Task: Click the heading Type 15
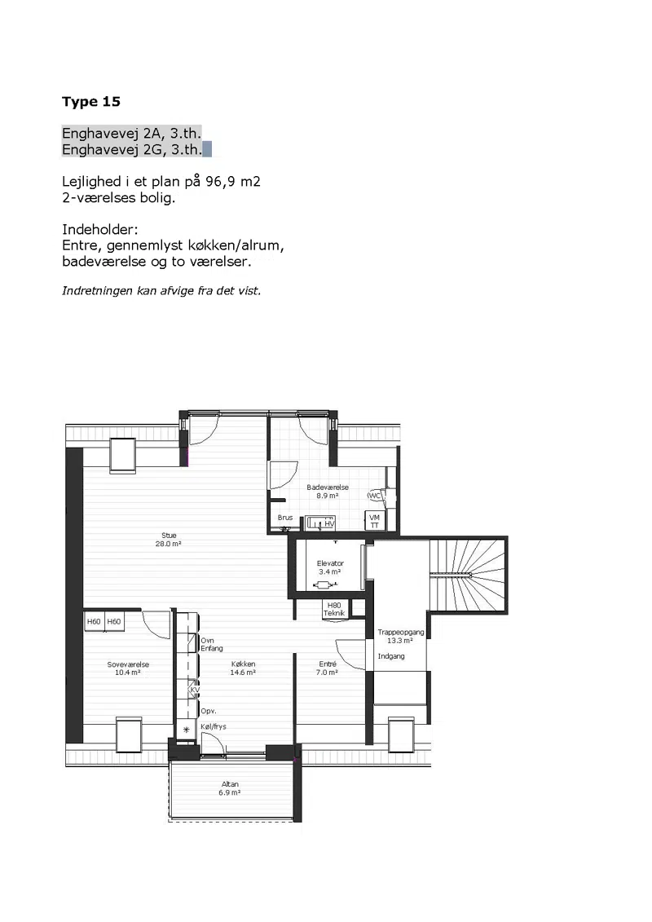[x=91, y=102]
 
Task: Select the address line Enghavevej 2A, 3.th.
[x=132, y=133]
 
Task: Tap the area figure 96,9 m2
[x=233, y=181]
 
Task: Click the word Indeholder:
[x=100, y=229]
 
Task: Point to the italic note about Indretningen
[x=161, y=290]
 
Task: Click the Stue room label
[x=169, y=540]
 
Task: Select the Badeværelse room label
[x=328, y=492]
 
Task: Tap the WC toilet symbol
[x=375, y=496]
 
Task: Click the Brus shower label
[x=285, y=518]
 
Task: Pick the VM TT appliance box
[x=375, y=521]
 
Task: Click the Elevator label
[x=330, y=567]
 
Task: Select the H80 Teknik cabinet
[x=334, y=609]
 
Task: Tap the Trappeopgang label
[x=400, y=636]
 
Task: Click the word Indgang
[x=391, y=656]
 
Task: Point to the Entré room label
[x=328, y=668]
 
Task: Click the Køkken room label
[x=243, y=668]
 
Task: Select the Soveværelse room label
[x=128, y=668]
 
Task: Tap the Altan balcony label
[x=230, y=788]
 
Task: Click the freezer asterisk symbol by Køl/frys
[x=187, y=730]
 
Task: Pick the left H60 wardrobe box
[x=94, y=621]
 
